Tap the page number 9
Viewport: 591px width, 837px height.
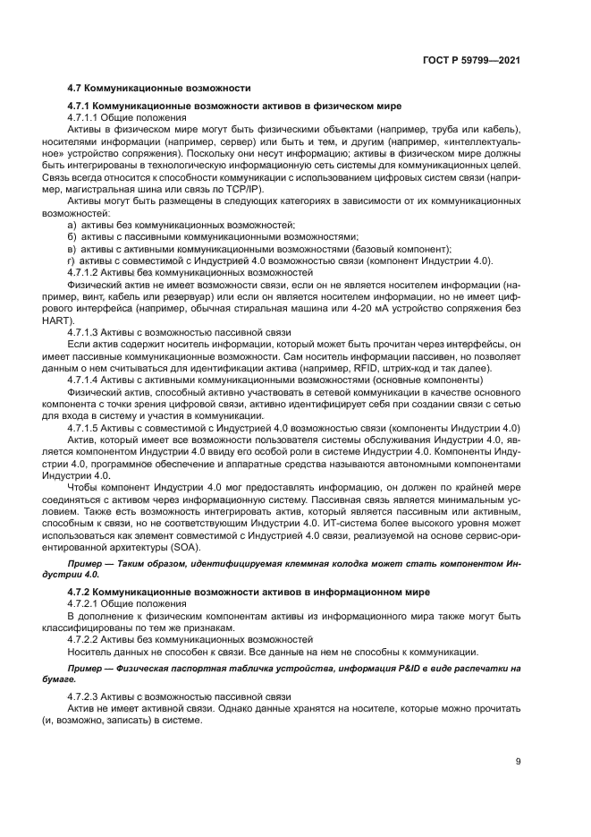[x=519, y=763]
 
